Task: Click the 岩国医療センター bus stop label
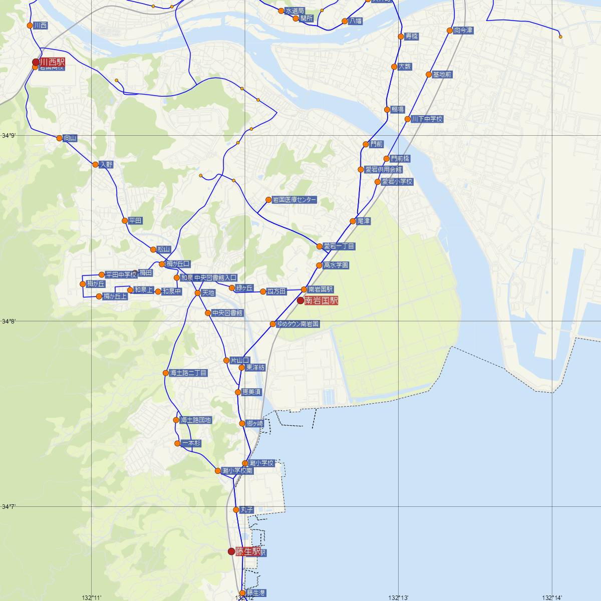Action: coord(294,200)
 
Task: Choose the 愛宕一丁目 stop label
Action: coord(339,246)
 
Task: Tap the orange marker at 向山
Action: coord(60,138)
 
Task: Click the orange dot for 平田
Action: coord(125,220)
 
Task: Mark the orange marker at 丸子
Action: coord(236,510)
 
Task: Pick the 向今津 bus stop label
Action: coord(463,31)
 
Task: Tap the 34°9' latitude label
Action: coord(9,136)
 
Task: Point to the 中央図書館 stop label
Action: coord(227,313)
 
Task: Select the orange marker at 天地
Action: coord(198,293)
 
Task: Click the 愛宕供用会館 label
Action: coord(383,169)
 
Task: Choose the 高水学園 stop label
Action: coord(336,265)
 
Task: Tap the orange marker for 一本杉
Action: coord(177,443)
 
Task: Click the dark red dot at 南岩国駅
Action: coord(300,301)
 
